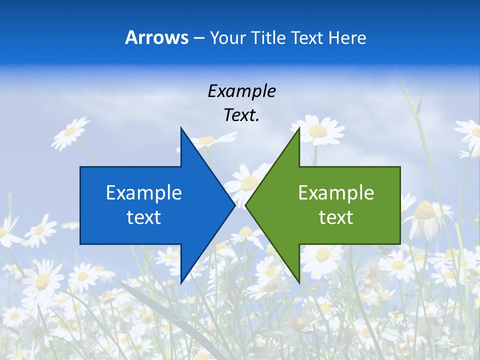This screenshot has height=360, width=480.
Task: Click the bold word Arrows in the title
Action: (x=156, y=37)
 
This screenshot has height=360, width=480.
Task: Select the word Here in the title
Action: (x=347, y=37)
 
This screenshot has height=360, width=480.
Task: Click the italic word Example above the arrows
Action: (x=241, y=91)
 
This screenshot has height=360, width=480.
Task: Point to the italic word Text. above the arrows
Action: (x=241, y=115)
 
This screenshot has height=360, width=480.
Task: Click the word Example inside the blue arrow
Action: (x=144, y=192)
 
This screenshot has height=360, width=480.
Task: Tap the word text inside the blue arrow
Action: (x=144, y=217)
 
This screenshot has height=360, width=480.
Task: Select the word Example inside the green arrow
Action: (x=336, y=192)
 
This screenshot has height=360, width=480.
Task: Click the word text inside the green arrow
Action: (x=336, y=217)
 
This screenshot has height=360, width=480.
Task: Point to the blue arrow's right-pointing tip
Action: (x=234, y=205)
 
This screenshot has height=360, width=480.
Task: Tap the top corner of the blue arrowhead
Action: (x=181, y=129)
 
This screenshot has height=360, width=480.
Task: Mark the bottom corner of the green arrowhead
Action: (x=299, y=281)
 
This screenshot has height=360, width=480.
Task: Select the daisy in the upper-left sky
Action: (x=69, y=132)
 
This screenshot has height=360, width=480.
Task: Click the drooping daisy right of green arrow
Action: (x=424, y=217)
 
